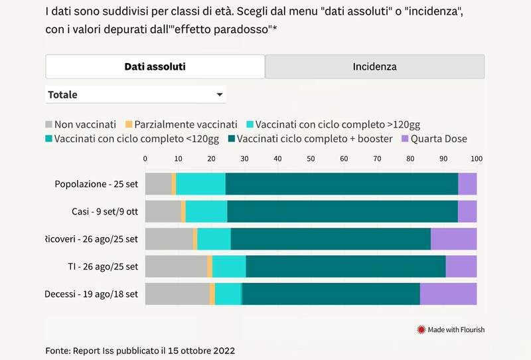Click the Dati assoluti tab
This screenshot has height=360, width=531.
pyautogui.click(x=155, y=66)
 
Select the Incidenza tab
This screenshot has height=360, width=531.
pyautogui.click(x=374, y=66)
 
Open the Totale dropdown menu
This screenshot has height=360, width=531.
pyautogui.click(x=135, y=94)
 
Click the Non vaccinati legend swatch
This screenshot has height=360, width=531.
pyautogui.click(x=48, y=124)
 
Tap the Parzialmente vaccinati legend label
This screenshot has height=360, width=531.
pyautogui.click(x=185, y=124)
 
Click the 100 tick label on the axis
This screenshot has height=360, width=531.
pyautogui.click(x=476, y=158)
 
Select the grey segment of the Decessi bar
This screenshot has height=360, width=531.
pyautogui.click(x=177, y=294)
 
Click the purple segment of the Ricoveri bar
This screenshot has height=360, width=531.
pyautogui.click(x=453, y=238)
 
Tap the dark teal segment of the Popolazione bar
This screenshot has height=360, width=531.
pyautogui.click(x=341, y=183)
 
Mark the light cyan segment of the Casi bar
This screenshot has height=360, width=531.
pyautogui.click(x=206, y=211)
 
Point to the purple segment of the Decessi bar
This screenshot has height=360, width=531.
pyautogui.click(x=448, y=294)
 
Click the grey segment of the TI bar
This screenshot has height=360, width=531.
pyautogui.click(x=176, y=266)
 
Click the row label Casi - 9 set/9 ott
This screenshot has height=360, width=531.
pyautogui.click(x=105, y=211)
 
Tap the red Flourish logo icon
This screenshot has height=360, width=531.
pyautogui.click(x=420, y=329)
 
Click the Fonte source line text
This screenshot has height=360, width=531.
pyautogui.click(x=140, y=350)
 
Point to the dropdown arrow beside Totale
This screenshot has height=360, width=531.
pyautogui.click(x=219, y=95)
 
